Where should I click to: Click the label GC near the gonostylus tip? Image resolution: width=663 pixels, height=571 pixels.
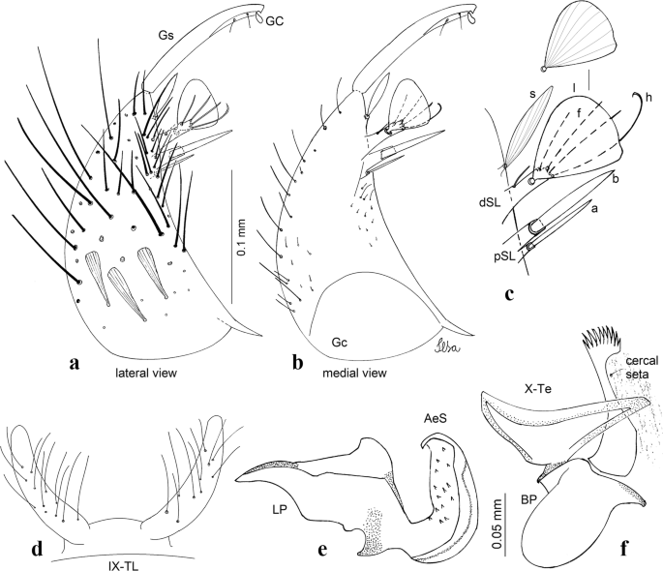(x=277, y=30)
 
